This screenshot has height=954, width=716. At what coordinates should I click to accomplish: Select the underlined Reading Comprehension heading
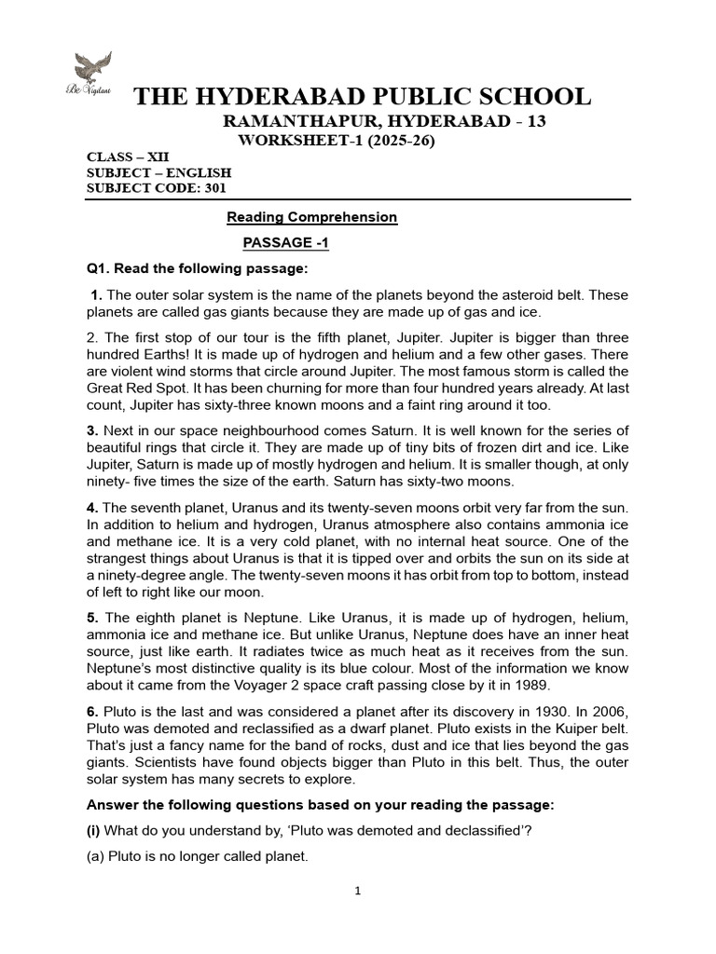click(312, 217)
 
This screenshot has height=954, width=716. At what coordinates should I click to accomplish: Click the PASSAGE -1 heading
click(286, 243)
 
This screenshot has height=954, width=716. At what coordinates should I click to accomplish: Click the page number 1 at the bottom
click(358, 891)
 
